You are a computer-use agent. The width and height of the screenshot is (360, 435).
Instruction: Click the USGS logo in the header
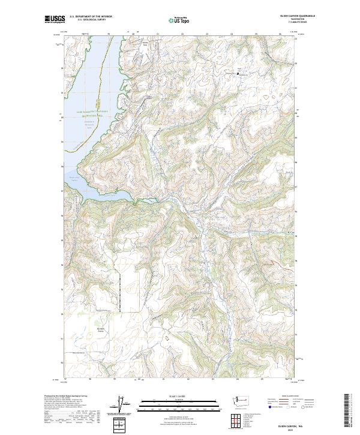[55, 20]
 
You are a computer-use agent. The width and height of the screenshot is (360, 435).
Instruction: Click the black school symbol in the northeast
[238, 74]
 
